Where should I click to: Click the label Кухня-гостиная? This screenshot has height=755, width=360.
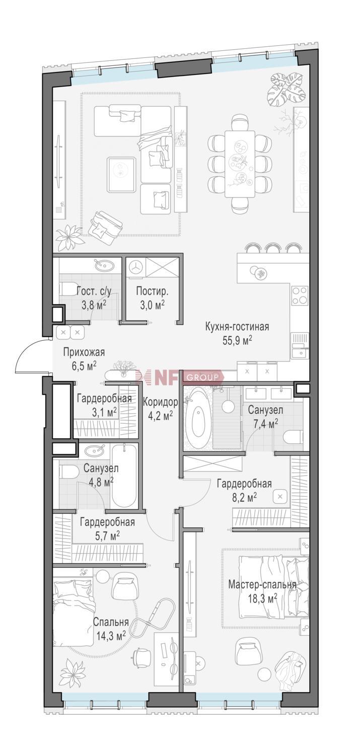click(x=237, y=327)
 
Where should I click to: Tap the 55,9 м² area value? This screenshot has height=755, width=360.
click(x=237, y=340)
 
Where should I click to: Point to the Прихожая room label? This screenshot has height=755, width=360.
click(x=84, y=352)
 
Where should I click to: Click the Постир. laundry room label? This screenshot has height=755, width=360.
click(x=152, y=291)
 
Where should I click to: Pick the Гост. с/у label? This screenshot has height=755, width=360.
click(x=94, y=291)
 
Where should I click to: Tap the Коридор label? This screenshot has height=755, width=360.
click(x=160, y=402)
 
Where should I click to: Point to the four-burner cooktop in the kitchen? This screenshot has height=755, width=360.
click(x=300, y=295)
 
